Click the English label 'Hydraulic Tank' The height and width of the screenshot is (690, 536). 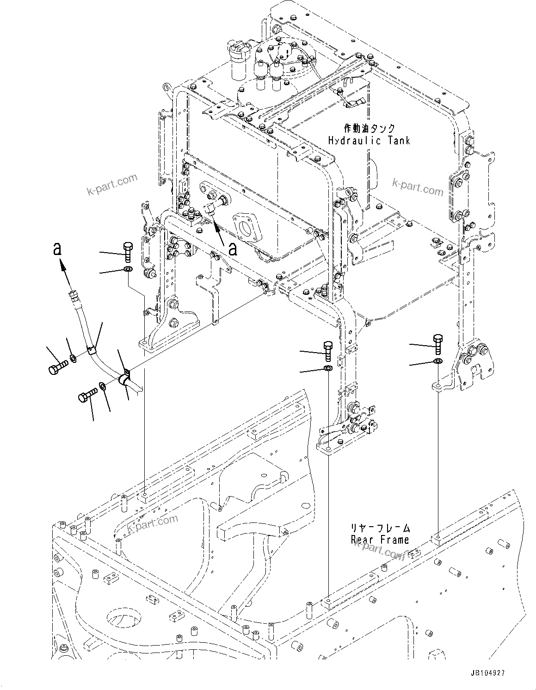(x=369, y=140)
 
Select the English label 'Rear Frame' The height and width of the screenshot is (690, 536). (x=379, y=540)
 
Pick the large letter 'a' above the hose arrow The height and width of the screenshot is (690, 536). (x=57, y=249)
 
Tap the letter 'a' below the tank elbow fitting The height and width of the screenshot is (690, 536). (x=233, y=249)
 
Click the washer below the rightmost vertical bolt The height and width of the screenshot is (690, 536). (x=437, y=361)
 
